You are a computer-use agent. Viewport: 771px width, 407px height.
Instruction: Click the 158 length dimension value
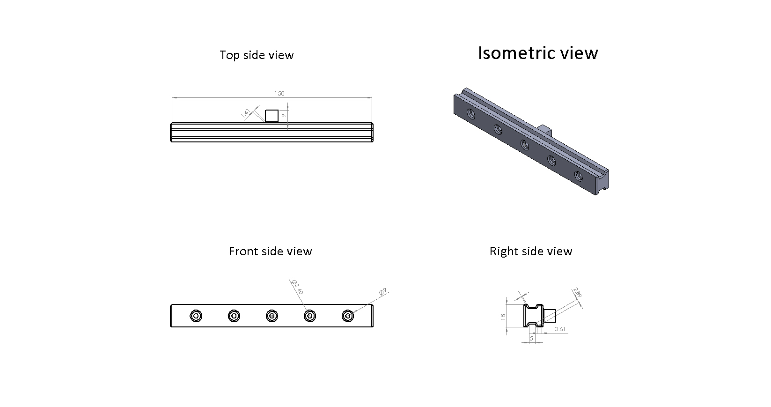(279, 93)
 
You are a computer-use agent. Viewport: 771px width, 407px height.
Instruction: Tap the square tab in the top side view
(272, 116)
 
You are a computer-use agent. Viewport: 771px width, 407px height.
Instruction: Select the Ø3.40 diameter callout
(297, 287)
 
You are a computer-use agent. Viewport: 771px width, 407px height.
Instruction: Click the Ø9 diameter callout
(383, 292)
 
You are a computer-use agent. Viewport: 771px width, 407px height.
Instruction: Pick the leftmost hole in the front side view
(196, 316)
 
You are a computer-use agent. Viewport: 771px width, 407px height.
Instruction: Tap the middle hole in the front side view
(272, 316)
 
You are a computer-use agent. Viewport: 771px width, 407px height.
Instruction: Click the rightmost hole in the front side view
(348, 316)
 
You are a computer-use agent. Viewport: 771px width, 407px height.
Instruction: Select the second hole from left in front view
(234, 316)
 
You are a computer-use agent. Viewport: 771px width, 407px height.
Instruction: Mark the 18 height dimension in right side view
(503, 317)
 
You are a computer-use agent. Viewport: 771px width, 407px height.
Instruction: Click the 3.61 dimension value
(560, 329)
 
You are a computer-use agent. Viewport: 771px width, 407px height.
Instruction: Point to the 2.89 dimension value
(578, 292)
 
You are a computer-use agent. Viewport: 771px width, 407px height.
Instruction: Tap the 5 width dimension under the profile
(531, 339)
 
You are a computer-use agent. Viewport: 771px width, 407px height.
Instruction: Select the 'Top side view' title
(257, 55)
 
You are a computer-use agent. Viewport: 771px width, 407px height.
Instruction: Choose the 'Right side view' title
(531, 252)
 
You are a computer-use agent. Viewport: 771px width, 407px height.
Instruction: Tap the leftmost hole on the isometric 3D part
(471, 114)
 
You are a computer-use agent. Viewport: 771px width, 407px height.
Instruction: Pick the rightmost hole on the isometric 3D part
(579, 176)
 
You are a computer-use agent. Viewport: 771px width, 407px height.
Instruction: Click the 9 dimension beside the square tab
(284, 116)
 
